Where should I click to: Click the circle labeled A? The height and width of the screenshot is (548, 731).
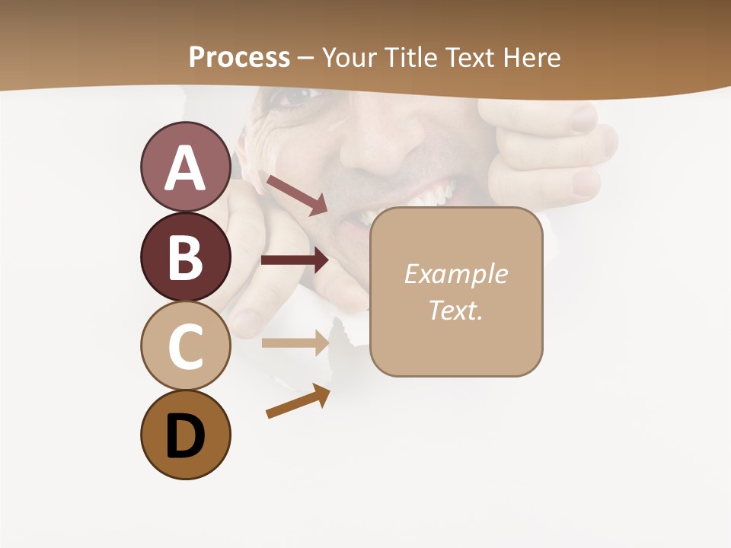click(x=185, y=167)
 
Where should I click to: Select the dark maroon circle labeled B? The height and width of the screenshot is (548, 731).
click(x=185, y=256)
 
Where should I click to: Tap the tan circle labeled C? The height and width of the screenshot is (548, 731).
click(x=185, y=345)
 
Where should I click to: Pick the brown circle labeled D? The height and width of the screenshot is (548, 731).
click(x=185, y=435)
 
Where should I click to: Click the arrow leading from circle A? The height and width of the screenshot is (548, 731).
click(x=297, y=195)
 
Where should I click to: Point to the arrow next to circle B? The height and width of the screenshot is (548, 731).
click(x=295, y=260)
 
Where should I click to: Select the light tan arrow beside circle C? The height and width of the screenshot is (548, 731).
click(x=295, y=342)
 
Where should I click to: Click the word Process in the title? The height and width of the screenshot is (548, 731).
click(x=239, y=57)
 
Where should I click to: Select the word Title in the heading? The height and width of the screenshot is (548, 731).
click(x=410, y=57)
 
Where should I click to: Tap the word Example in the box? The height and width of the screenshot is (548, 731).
click(x=455, y=274)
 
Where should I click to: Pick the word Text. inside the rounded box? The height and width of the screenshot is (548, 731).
click(x=455, y=310)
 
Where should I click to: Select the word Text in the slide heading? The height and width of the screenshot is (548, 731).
click(x=468, y=57)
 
